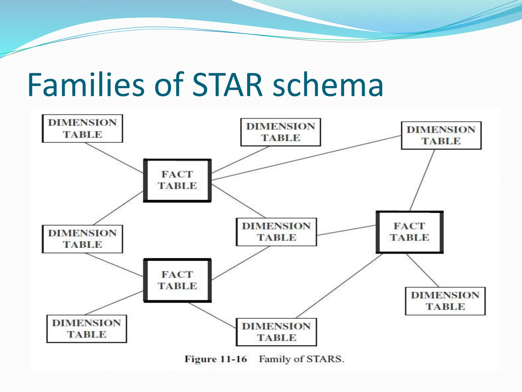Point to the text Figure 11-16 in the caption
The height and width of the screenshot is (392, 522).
coord(216,359)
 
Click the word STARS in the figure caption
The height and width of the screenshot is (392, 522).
coord(325,359)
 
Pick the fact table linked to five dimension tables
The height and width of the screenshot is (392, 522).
coord(177,180)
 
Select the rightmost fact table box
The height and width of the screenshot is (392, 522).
coord(410,232)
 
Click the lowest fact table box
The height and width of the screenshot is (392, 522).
coord(177,280)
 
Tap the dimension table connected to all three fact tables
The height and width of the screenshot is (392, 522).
coord(276,232)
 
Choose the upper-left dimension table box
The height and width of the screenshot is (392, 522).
coord(82,128)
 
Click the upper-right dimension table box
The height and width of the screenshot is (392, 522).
coord(441,135)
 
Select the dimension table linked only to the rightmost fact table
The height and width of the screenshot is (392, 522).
coord(445,301)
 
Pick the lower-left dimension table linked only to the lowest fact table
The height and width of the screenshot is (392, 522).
coord(87,328)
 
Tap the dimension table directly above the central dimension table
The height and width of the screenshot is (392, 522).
coord(281,132)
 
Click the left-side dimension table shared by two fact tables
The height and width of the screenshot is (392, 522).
coord(82,239)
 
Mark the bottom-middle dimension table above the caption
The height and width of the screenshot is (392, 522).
coord(276,332)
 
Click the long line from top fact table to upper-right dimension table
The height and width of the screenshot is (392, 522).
coord(306,158)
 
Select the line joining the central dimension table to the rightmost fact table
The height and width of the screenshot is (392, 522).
coord(347,230)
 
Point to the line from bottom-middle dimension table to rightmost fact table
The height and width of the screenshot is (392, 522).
coord(339,286)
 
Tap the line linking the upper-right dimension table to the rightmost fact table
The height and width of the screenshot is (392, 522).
coord(422,180)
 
